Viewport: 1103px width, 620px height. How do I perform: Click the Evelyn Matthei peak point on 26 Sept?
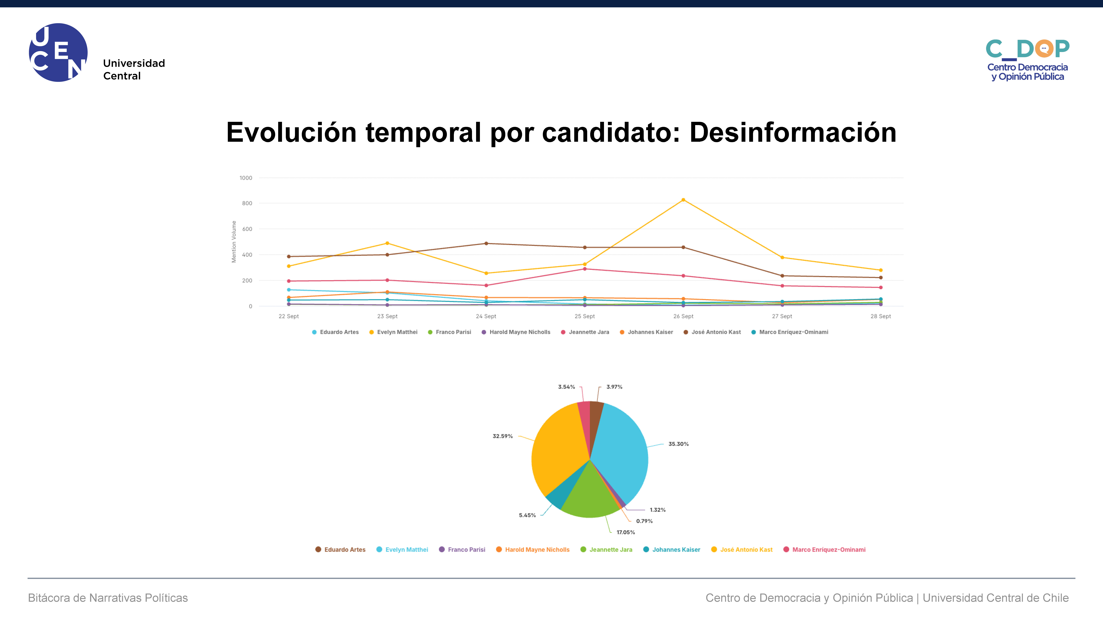coord(683,200)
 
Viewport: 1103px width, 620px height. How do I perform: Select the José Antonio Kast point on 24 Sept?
coord(486,243)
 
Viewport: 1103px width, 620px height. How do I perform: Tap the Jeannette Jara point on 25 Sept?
coord(585,269)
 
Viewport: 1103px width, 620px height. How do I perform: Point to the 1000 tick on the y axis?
coord(246,178)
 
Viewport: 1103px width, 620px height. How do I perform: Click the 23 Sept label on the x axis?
coord(387,316)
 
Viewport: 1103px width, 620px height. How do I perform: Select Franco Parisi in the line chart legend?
coord(453,332)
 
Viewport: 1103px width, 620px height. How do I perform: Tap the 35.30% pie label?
coord(679,444)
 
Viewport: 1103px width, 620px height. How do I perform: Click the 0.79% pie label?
coord(644,521)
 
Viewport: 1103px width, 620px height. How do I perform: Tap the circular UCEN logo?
coord(58,53)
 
